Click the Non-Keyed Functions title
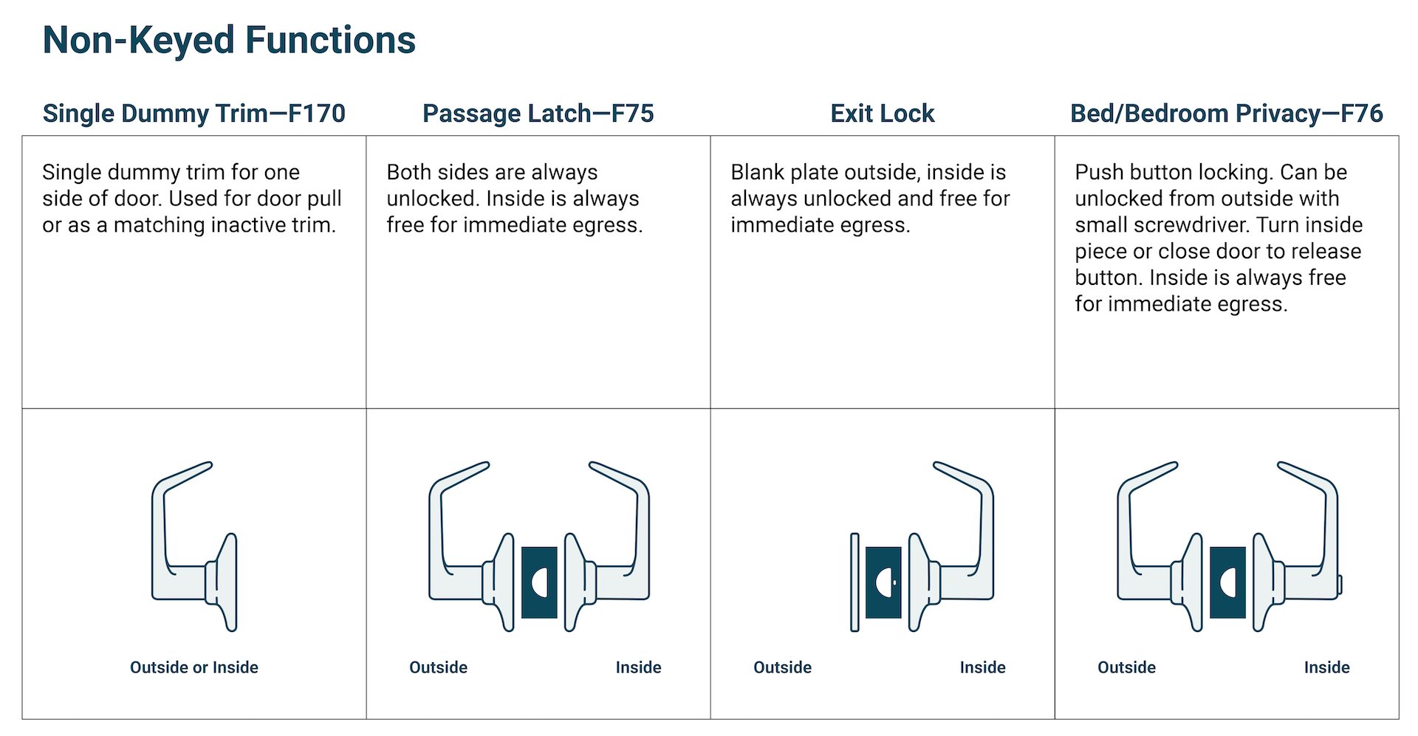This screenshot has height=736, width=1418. coord(229,41)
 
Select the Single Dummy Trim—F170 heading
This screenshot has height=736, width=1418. coord(193,114)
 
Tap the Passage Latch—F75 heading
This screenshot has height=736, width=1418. coord(538,114)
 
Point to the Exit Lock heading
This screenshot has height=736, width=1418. coord(882,114)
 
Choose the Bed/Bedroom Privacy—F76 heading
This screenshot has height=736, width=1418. coord(1226,114)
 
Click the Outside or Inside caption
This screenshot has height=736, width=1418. coord(193,667)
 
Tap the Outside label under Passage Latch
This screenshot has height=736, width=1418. coord(438,667)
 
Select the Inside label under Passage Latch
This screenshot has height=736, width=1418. coord(638,667)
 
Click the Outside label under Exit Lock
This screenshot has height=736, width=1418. coord(782,667)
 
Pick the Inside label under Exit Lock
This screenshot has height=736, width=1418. coord(982,667)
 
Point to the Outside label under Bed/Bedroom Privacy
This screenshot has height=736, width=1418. coord(1126,667)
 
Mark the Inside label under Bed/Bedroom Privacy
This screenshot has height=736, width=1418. coord(1326,667)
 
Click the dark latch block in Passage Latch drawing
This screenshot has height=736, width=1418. coord(539,582)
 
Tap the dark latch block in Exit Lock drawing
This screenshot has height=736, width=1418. coord(883,582)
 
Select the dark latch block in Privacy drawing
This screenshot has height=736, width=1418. coord(1227,582)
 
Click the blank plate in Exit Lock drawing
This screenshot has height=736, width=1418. coord(854,582)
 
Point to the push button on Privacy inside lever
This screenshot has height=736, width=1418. coord(1340,585)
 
